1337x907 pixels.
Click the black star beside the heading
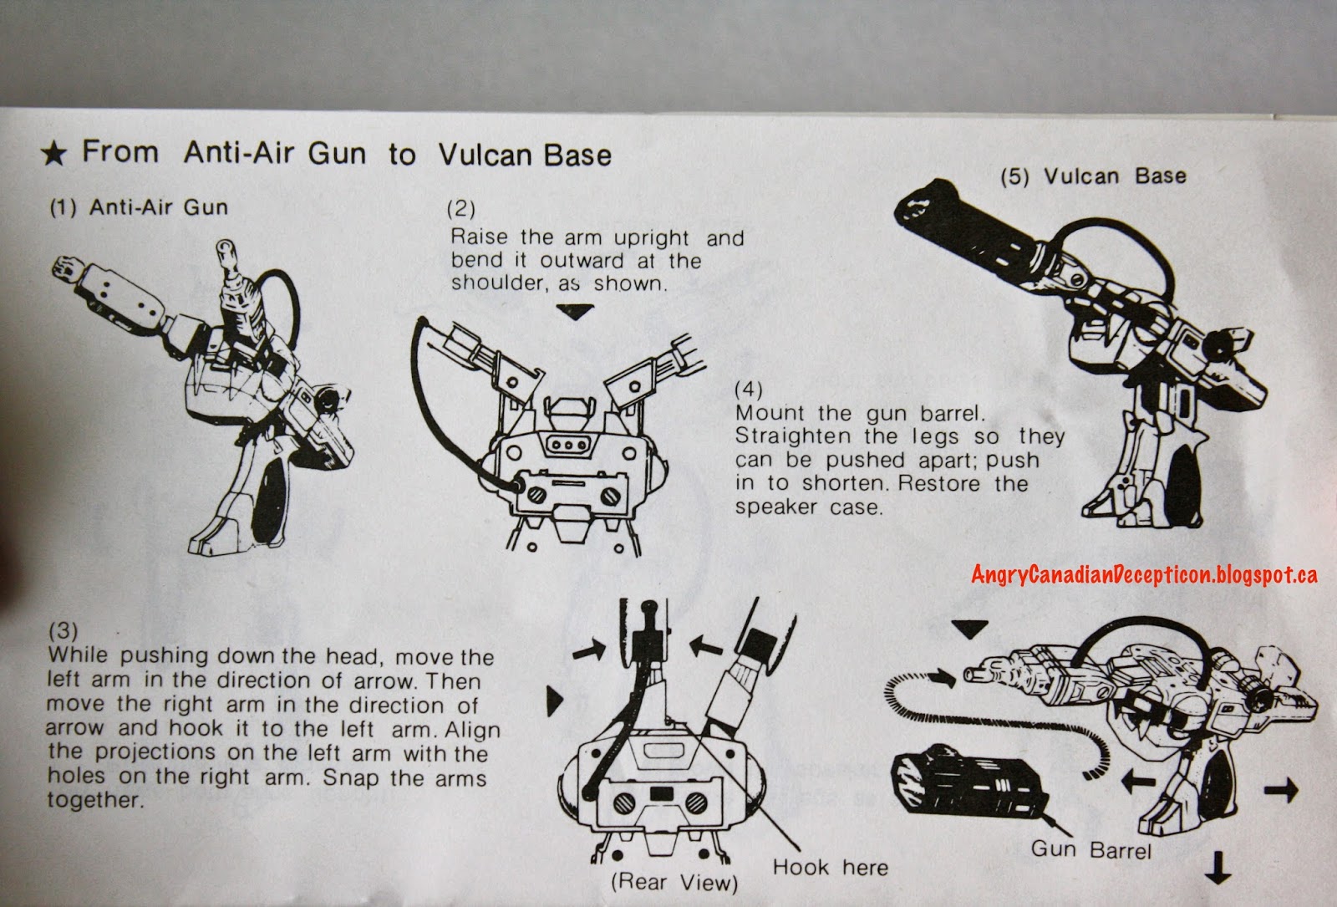pyautogui.click(x=53, y=154)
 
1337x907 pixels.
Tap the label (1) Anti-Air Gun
pyautogui.click(x=139, y=207)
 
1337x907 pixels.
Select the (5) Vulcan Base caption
pyautogui.click(x=1094, y=176)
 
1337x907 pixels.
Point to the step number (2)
pyautogui.click(x=460, y=209)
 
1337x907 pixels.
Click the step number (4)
pyautogui.click(x=749, y=390)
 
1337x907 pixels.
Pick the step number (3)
pyautogui.click(x=63, y=630)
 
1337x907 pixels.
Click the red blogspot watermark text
pyautogui.click(x=1144, y=574)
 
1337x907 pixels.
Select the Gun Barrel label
pyautogui.click(x=1091, y=849)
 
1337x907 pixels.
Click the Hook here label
pyautogui.click(x=831, y=867)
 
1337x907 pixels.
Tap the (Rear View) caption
pyautogui.click(x=674, y=882)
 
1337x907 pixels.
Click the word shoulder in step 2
pyautogui.click(x=499, y=283)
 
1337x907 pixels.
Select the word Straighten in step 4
pyautogui.click(x=793, y=436)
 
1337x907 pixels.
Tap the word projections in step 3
pyautogui.click(x=155, y=752)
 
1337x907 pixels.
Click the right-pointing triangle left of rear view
pyautogui.click(x=555, y=701)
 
